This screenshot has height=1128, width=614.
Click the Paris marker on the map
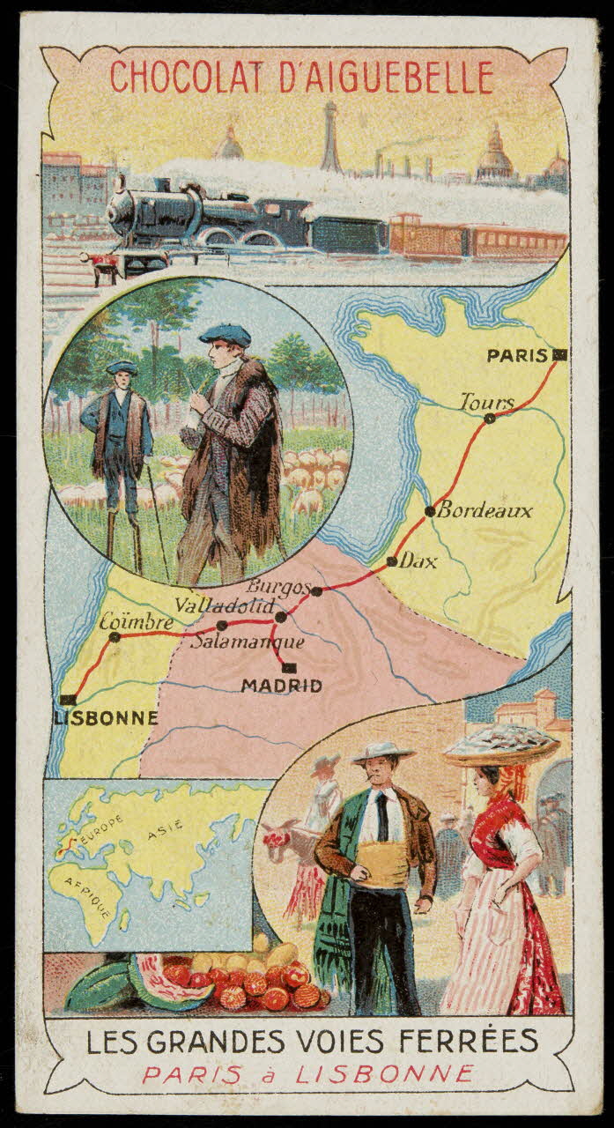coord(559,355)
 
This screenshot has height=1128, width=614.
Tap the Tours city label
coord(487,403)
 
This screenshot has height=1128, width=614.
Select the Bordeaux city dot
coord(430,510)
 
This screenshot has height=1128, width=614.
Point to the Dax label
coord(418,561)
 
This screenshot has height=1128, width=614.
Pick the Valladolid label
coord(226,606)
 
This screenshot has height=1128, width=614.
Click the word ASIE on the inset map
coord(166,827)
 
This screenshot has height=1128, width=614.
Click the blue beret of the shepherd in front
coord(224,334)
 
